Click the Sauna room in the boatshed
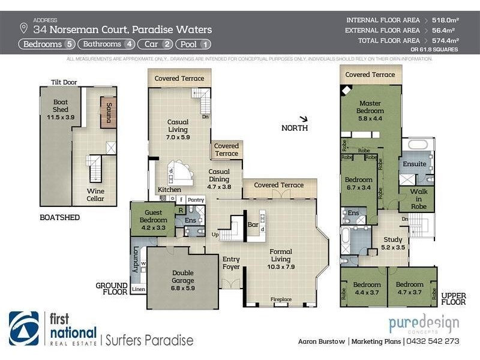(109, 113)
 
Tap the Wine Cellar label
(96, 194)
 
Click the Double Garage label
(182, 277)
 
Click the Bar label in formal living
(253, 224)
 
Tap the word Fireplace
(280, 299)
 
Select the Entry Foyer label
(232, 263)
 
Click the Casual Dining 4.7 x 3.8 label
(219, 178)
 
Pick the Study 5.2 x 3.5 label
(394, 242)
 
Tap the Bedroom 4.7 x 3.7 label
(410, 289)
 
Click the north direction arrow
(305, 119)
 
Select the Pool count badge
(193, 44)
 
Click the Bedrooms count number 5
(70, 44)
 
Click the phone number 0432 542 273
(433, 341)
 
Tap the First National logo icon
(24, 329)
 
